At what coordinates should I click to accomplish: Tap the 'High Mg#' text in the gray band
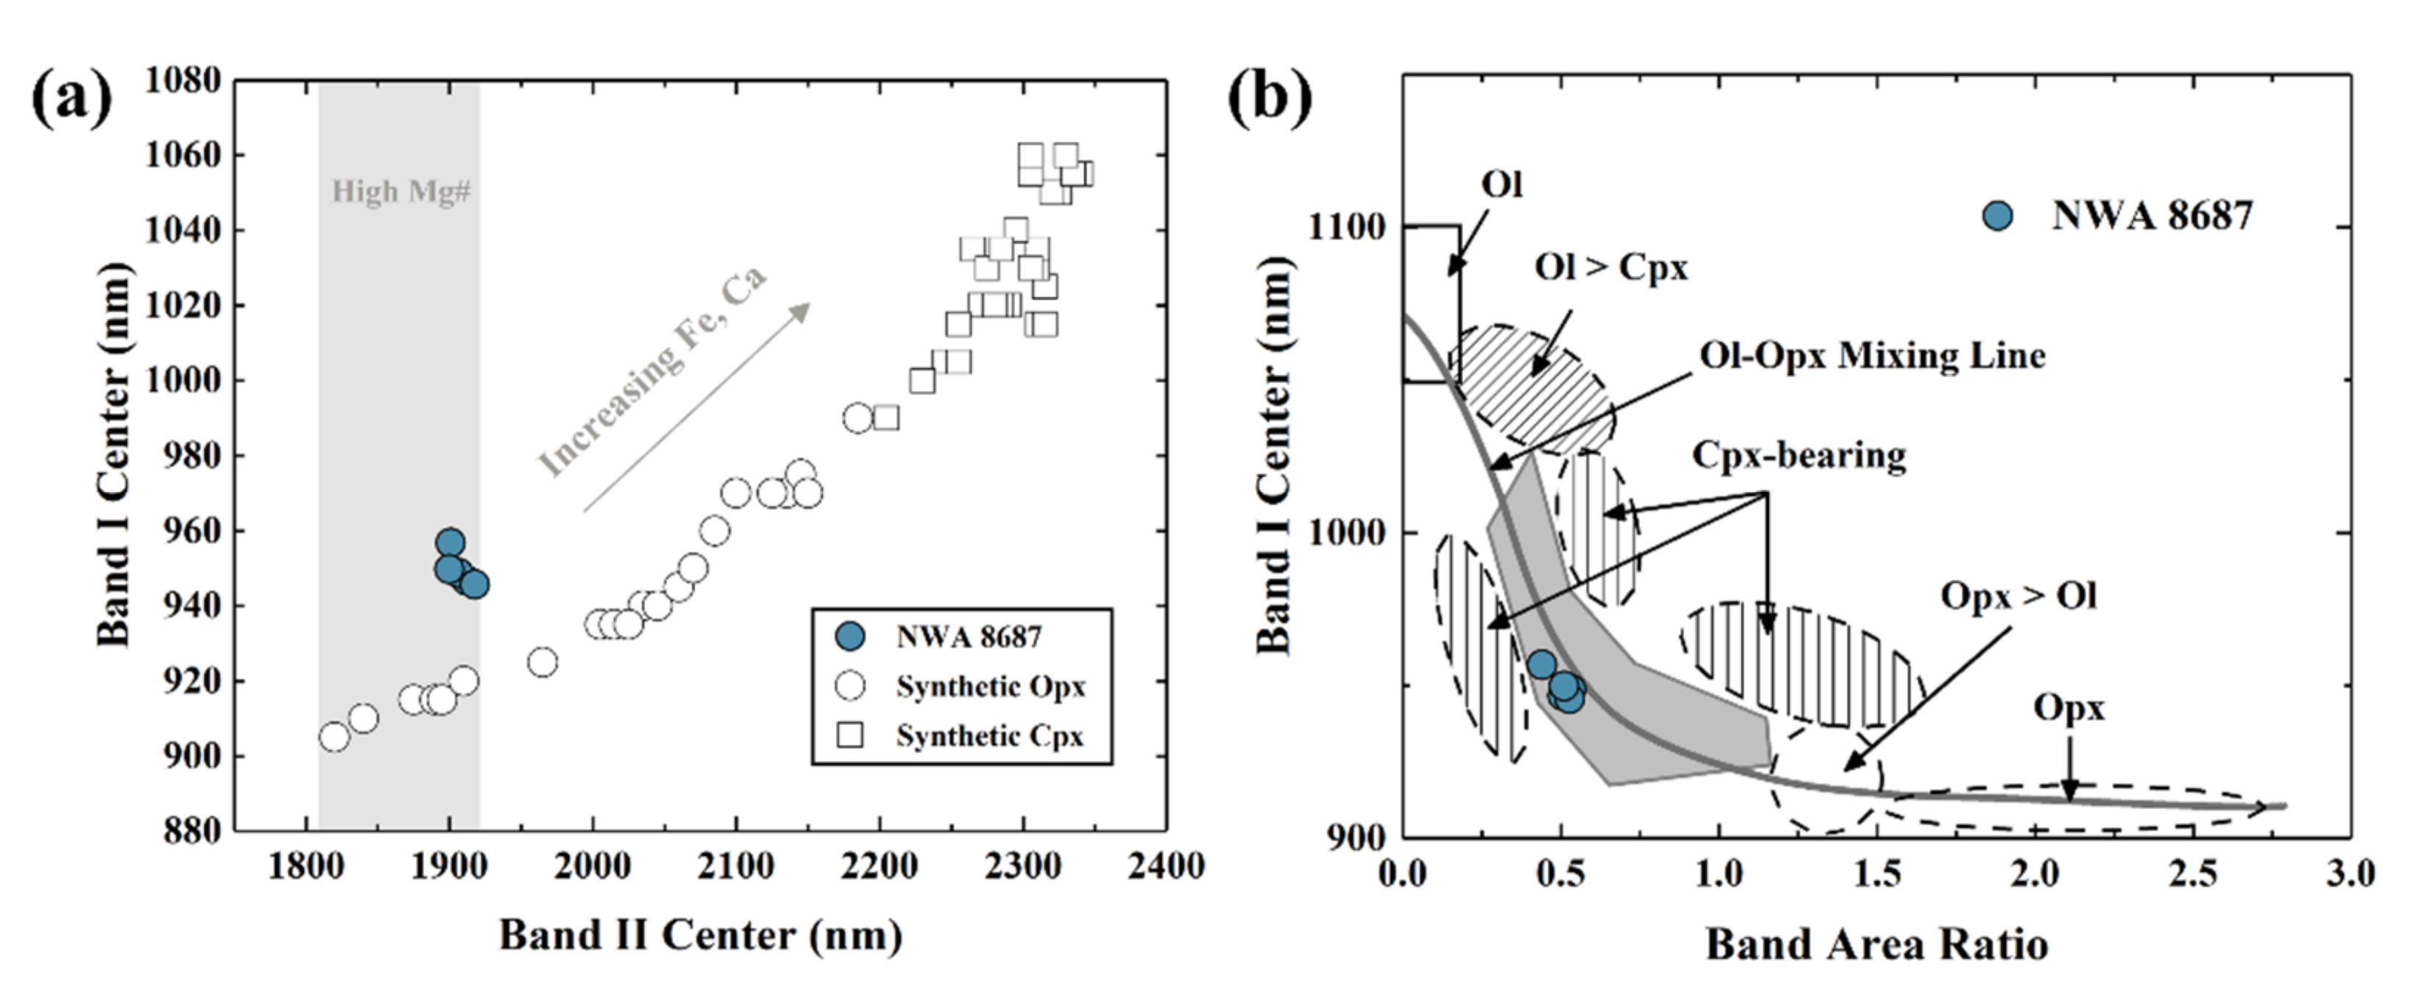click(x=401, y=192)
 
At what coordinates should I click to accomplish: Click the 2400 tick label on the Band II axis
click(x=1166, y=865)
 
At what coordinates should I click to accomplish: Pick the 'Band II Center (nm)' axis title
click(x=701, y=935)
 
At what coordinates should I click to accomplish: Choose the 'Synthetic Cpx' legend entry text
click(x=990, y=736)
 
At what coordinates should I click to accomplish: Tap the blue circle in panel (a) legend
click(x=850, y=637)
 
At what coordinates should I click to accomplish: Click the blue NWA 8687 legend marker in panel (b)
click(x=1998, y=216)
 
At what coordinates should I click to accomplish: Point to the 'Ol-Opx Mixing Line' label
click(x=1872, y=356)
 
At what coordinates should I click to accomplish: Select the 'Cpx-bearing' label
click(x=1799, y=456)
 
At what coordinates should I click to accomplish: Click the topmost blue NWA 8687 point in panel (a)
click(x=449, y=542)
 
